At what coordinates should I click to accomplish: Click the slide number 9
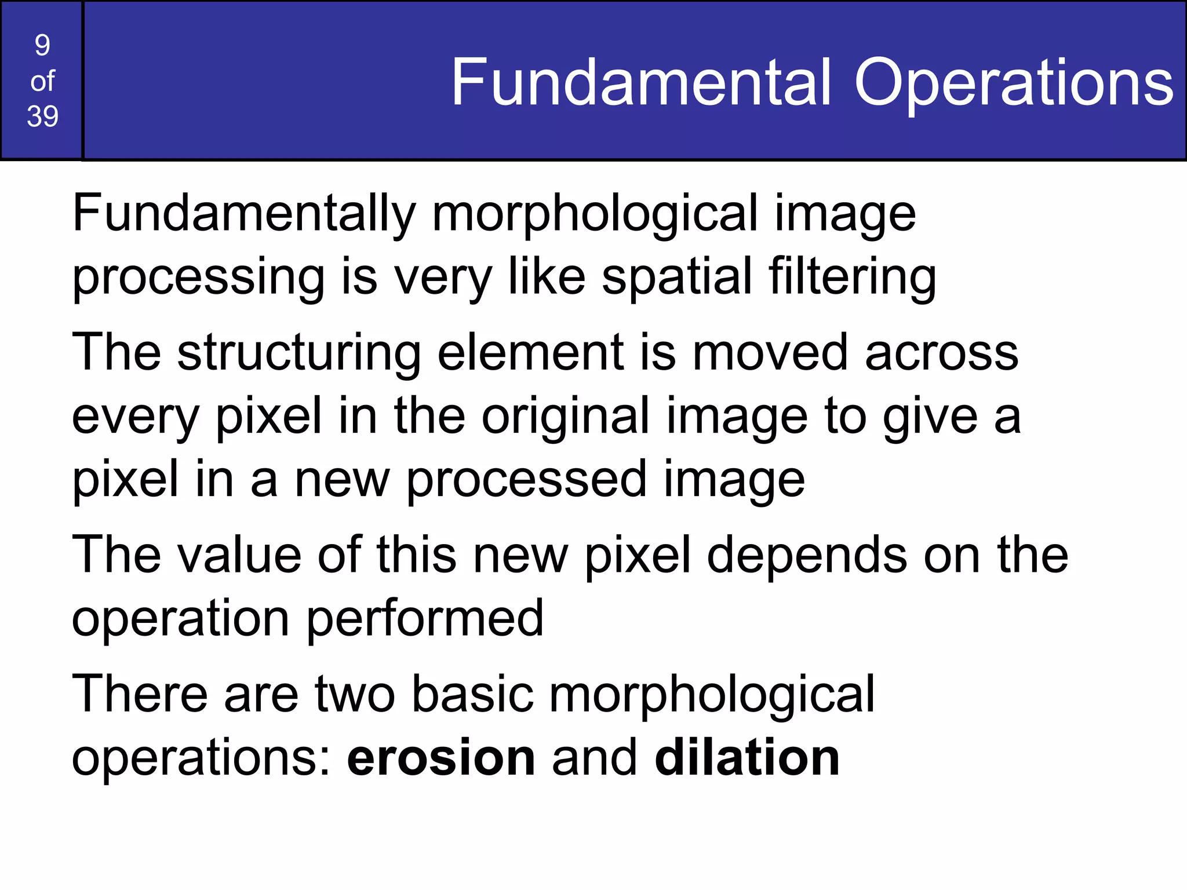coord(42,45)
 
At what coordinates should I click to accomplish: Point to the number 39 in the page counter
coord(42,116)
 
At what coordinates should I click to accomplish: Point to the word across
coord(941,353)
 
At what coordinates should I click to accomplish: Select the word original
coord(565,417)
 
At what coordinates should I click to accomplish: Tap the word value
coord(239,555)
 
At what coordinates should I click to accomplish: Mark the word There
coord(140,694)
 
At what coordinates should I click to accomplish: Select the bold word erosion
coord(441,758)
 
